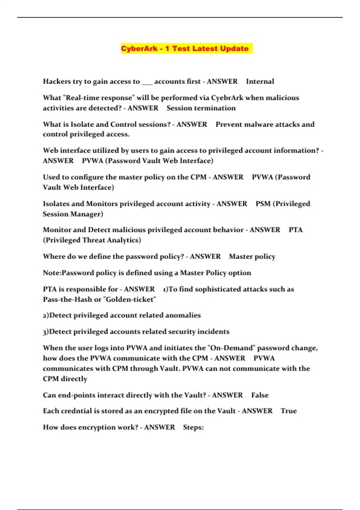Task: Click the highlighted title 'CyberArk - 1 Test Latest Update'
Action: [x=185, y=49]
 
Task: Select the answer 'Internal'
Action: [x=260, y=81]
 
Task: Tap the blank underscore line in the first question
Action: [x=147, y=82]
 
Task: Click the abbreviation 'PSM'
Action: [x=263, y=204]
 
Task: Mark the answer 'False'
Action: [x=260, y=395]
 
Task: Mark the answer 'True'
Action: [x=289, y=411]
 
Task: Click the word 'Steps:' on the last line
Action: [x=193, y=427]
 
